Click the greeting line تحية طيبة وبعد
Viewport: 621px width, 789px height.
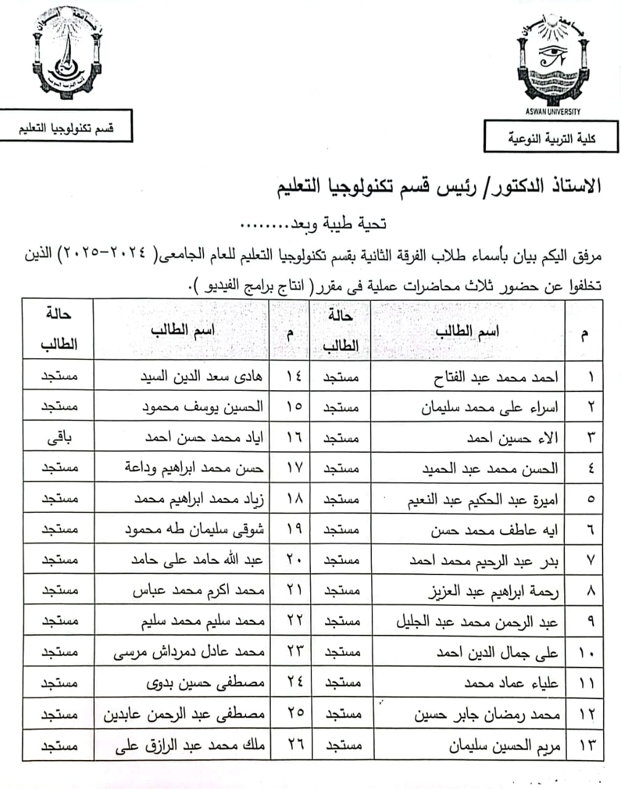313,223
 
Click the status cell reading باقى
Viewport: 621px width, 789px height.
59,438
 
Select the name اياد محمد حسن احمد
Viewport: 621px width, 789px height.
204,438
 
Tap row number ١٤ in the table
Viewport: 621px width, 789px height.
294,376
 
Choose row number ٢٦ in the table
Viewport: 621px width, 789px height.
294,745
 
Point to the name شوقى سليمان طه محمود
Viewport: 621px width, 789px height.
194,529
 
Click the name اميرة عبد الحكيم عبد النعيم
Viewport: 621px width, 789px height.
482,499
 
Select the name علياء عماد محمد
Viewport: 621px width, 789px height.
511,683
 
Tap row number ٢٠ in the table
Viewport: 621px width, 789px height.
294,560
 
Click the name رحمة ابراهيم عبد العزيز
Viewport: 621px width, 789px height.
493,592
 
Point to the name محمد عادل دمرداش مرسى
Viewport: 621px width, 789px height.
189,653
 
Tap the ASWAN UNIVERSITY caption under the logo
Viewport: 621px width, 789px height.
553,112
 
